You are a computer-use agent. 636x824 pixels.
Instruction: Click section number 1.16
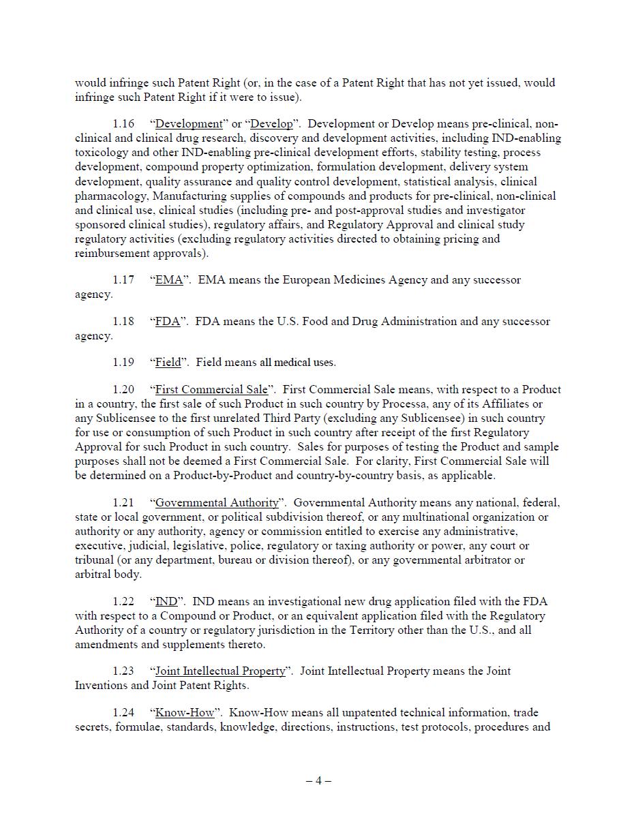click(123, 124)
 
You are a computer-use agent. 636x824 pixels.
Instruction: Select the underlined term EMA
click(169, 280)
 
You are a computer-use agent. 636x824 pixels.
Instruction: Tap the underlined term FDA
click(168, 322)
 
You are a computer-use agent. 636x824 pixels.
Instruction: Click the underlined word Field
click(168, 363)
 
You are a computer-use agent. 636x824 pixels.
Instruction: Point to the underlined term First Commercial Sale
click(211, 390)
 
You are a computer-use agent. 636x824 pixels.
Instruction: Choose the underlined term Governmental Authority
click(217, 503)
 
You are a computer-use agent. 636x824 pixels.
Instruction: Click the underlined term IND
click(166, 602)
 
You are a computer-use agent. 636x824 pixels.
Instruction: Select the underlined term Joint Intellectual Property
click(220, 671)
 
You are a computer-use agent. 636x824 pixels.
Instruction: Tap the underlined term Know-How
click(185, 713)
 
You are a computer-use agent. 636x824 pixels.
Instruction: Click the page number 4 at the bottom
click(318, 781)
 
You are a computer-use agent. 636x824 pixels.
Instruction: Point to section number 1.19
click(123, 363)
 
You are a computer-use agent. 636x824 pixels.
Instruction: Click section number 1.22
click(123, 602)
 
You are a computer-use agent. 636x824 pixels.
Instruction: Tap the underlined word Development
click(189, 124)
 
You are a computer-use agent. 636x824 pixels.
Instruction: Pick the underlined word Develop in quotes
click(272, 124)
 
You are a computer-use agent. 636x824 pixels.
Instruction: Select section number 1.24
click(123, 713)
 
